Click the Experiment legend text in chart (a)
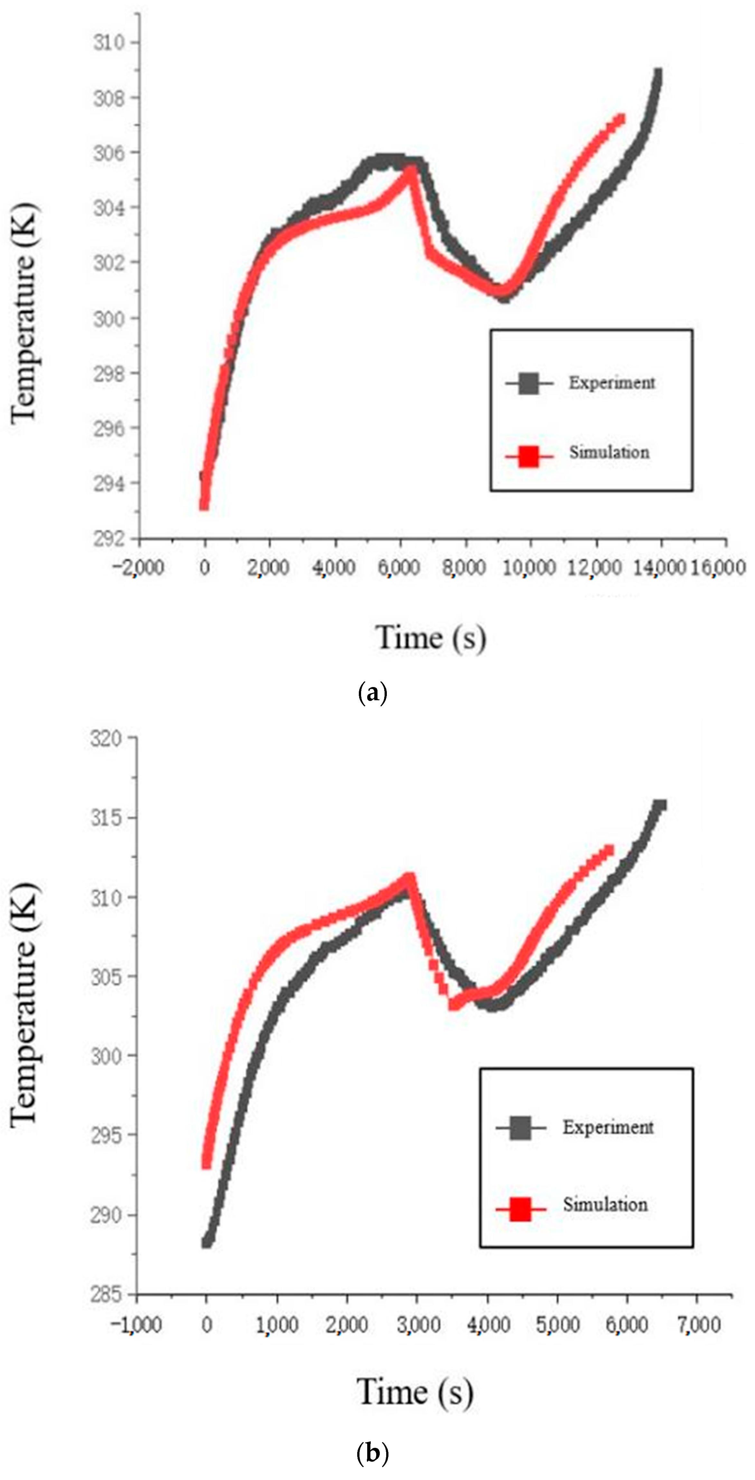pyautogui.click(x=611, y=383)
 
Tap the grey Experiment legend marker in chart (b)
pyautogui.click(x=521, y=1128)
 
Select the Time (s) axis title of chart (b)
pyautogui.click(x=415, y=1392)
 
